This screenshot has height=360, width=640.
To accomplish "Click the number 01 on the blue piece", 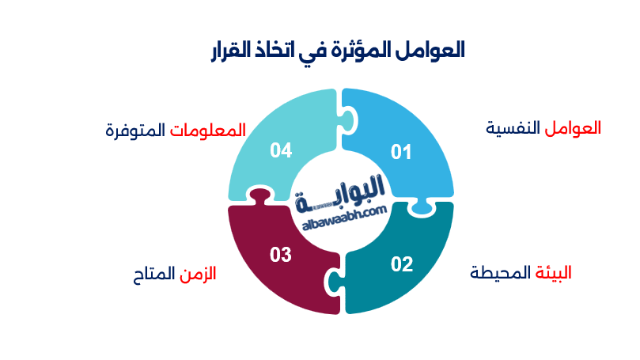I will coord(402,152).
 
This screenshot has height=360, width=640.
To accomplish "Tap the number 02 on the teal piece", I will coord(402,264).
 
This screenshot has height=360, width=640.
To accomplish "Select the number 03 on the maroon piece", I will coord(281,255).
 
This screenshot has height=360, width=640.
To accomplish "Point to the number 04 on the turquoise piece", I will coord(281,150).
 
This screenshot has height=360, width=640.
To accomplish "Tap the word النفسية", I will coord(514,127).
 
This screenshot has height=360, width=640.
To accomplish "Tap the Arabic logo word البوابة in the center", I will coord(343,192).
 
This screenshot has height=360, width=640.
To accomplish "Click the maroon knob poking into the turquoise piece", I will coord(256,194).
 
